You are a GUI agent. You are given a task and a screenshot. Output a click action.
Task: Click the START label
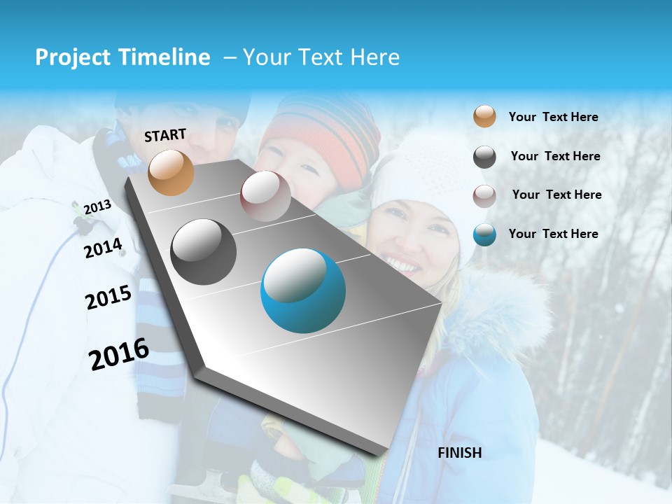(x=165, y=135)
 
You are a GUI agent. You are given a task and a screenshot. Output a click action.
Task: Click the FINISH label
(x=459, y=453)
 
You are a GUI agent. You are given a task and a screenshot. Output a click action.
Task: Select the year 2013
(x=97, y=206)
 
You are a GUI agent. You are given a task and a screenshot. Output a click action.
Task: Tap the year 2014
(x=103, y=248)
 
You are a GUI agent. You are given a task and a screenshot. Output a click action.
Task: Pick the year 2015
(x=108, y=297)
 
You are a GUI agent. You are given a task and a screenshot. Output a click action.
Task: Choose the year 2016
(x=119, y=354)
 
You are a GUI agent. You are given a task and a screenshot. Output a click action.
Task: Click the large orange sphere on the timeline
(x=171, y=172)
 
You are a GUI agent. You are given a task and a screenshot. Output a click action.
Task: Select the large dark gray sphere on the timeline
(x=204, y=252)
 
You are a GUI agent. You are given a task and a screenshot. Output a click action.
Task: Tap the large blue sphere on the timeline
(x=303, y=290)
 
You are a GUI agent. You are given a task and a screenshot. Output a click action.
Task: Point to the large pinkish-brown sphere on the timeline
(x=266, y=196)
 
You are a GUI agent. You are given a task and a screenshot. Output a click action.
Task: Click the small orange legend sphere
(x=484, y=117)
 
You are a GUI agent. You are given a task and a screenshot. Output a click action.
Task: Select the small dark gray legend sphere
(x=484, y=157)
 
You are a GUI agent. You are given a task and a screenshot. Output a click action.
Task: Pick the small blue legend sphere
(x=484, y=234)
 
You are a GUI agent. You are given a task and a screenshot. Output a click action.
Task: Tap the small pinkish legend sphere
(x=484, y=196)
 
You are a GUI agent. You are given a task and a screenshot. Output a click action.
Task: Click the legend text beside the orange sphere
(x=553, y=117)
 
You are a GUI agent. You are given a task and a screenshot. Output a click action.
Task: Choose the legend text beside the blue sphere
(x=553, y=234)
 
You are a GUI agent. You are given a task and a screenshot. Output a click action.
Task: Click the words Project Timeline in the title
(x=122, y=57)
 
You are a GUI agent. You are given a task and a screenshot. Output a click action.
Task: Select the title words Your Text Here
(x=321, y=57)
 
